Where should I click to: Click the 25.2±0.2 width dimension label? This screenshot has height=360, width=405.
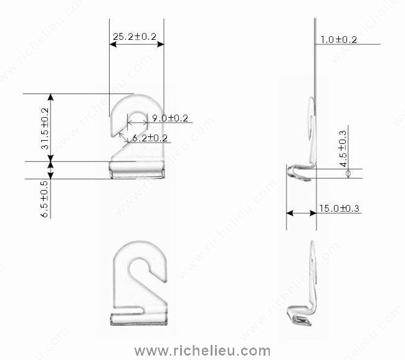(x=135, y=37)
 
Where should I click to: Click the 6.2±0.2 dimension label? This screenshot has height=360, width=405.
(x=150, y=138)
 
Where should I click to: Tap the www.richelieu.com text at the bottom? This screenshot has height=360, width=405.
(x=202, y=350)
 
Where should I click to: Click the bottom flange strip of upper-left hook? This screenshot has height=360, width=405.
(x=136, y=170)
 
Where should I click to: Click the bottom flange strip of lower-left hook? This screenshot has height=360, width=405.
(x=138, y=320)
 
